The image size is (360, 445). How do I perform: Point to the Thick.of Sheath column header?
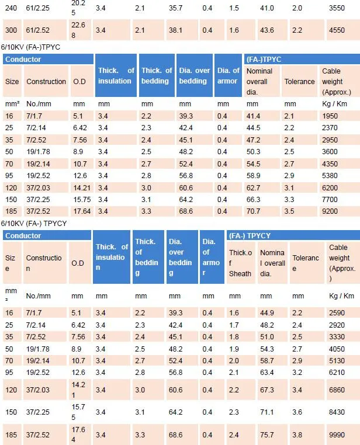[240, 263]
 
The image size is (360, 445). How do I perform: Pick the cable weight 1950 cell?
[330, 116]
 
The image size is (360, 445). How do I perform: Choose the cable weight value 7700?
[330, 200]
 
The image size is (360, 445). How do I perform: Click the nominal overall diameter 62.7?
[254, 188]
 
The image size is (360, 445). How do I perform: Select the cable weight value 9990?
[338, 435]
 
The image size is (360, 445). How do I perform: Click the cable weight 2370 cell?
[330, 128]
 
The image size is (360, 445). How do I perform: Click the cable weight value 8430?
[338, 412]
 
